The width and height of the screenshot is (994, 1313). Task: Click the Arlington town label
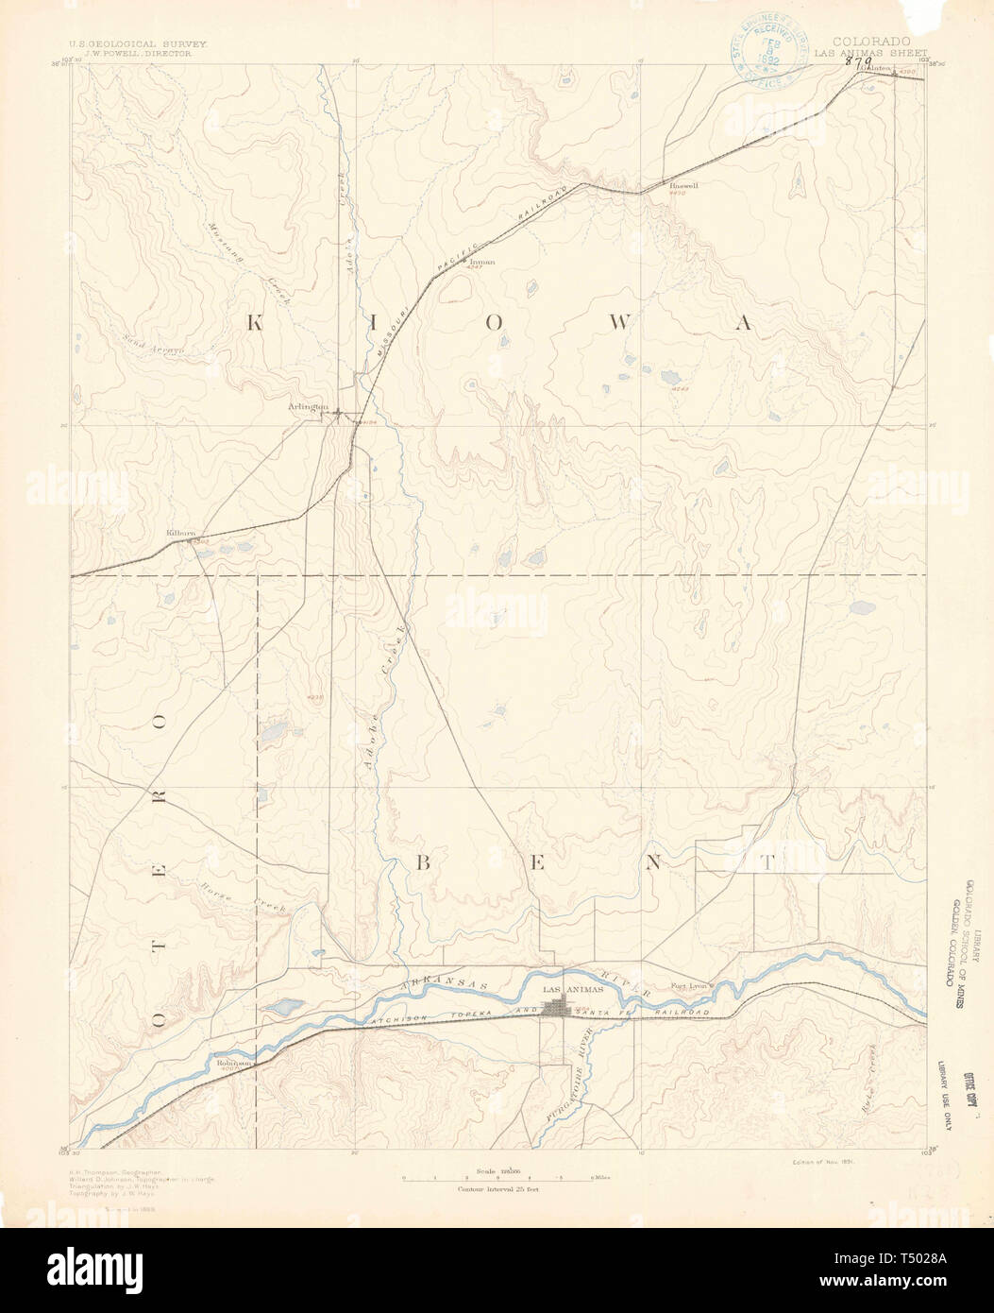[308, 407]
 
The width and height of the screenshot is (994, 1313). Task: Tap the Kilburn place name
[180, 534]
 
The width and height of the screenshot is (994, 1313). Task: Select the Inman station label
[481, 262]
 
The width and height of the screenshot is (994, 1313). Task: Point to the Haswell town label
[683, 186]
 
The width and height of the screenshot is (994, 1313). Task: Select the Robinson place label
[233, 1063]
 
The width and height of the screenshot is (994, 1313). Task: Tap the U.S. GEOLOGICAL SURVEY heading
[137, 43]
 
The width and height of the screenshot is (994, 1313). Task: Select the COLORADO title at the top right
[871, 42]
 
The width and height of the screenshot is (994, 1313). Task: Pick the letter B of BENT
[424, 862]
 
